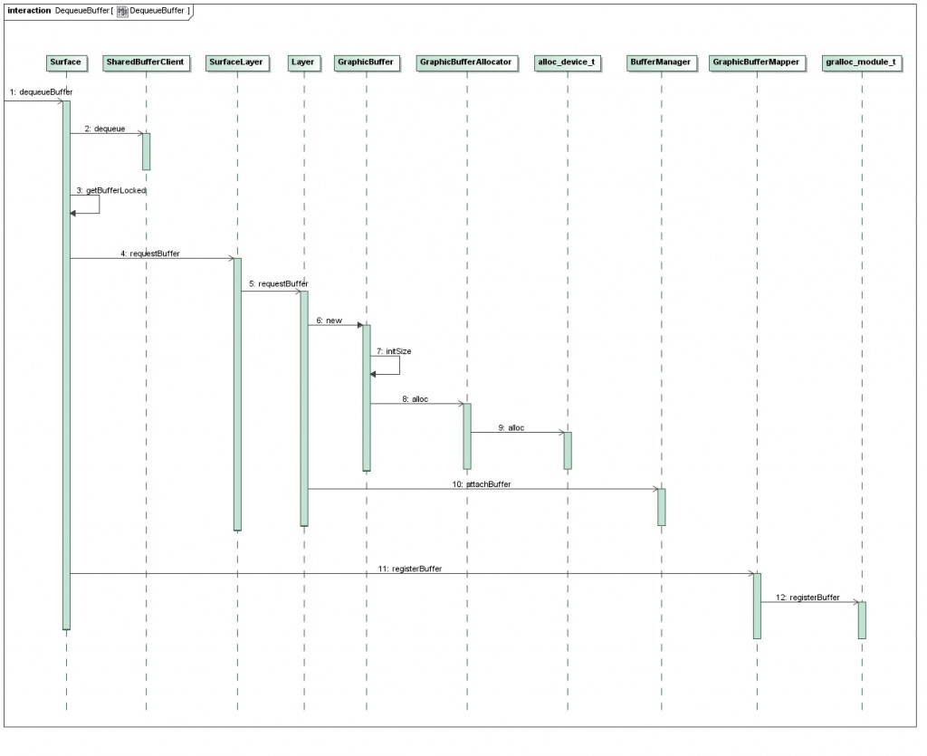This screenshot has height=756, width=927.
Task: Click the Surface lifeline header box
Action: click(x=65, y=62)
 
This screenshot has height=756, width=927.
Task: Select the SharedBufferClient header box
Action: click(x=146, y=62)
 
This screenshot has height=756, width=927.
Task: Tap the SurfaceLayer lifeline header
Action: click(x=236, y=62)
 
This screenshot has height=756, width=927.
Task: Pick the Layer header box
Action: click(x=303, y=62)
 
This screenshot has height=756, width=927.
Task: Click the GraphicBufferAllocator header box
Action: click(x=466, y=62)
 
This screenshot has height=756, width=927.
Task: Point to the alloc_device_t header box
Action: click(x=567, y=62)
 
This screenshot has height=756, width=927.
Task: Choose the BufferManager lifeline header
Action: click(x=660, y=62)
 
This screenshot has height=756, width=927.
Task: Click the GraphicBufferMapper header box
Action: click(x=756, y=62)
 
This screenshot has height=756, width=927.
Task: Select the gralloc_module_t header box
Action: click(x=862, y=62)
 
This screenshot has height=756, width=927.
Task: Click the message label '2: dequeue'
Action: click(x=105, y=129)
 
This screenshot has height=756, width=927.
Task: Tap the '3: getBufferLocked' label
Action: click(x=111, y=190)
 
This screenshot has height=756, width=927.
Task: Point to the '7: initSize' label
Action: click(x=394, y=351)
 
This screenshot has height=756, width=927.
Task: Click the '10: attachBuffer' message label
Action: click(x=482, y=484)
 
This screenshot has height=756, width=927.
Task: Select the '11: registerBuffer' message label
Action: click(x=410, y=569)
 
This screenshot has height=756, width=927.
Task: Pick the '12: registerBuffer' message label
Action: click(x=808, y=598)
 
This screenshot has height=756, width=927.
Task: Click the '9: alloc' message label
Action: click(x=511, y=428)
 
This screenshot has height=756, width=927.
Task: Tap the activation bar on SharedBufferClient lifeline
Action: click(x=146, y=151)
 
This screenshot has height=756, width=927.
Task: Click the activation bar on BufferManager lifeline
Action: click(x=662, y=507)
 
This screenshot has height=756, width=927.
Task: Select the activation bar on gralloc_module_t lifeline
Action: click(x=862, y=620)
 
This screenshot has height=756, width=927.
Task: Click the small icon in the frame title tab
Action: click(x=122, y=11)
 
